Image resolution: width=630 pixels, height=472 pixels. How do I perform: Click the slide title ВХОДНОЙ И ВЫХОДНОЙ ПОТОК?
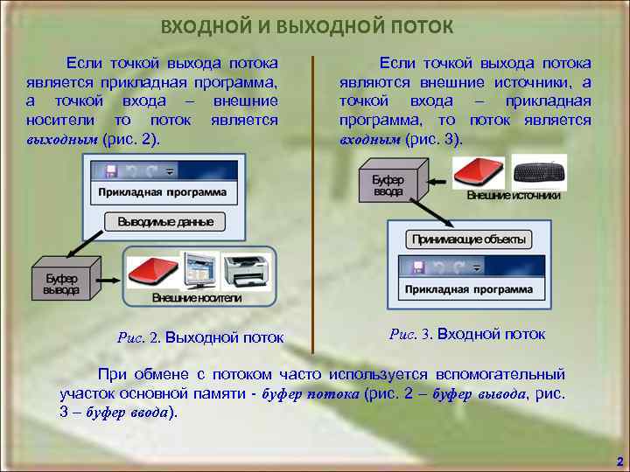(x=307, y=27)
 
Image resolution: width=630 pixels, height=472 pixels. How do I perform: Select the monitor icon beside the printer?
(x=198, y=272)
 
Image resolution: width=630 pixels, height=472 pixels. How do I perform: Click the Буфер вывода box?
(x=63, y=283)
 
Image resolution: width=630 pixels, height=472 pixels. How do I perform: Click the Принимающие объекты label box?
(x=468, y=239)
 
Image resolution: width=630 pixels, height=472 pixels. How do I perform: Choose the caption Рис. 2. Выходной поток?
(x=199, y=337)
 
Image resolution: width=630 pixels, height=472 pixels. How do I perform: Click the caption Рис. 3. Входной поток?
(x=467, y=334)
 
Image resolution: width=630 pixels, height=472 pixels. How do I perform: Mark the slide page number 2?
(x=619, y=461)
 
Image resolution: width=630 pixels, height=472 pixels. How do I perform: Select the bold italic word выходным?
(x=61, y=139)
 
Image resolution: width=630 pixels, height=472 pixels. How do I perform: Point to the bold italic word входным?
(x=370, y=139)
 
